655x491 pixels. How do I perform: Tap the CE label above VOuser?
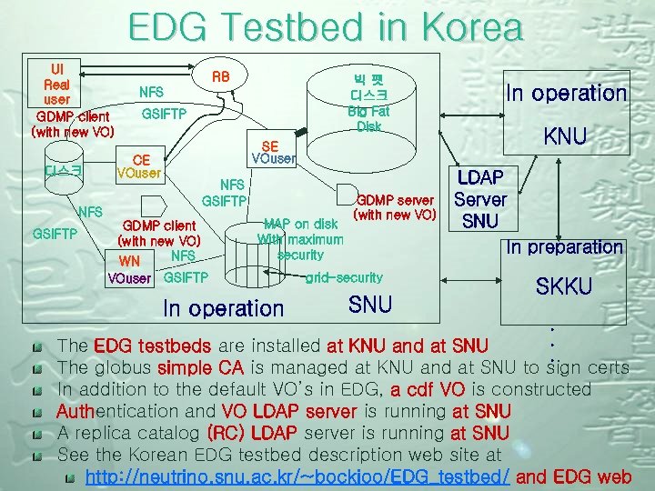coord(141,159)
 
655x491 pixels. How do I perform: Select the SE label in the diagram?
coord(269,146)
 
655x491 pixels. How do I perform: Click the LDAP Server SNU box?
coord(479,198)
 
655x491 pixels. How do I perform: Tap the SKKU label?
coord(563,286)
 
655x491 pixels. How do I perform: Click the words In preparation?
coord(564,246)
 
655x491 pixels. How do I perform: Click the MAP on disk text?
coord(300,224)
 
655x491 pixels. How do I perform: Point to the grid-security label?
coord(344,276)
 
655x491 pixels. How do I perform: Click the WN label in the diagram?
coord(129,262)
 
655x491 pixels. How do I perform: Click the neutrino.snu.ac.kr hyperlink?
coord(297,476)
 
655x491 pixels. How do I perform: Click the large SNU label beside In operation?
coord(370,305)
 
